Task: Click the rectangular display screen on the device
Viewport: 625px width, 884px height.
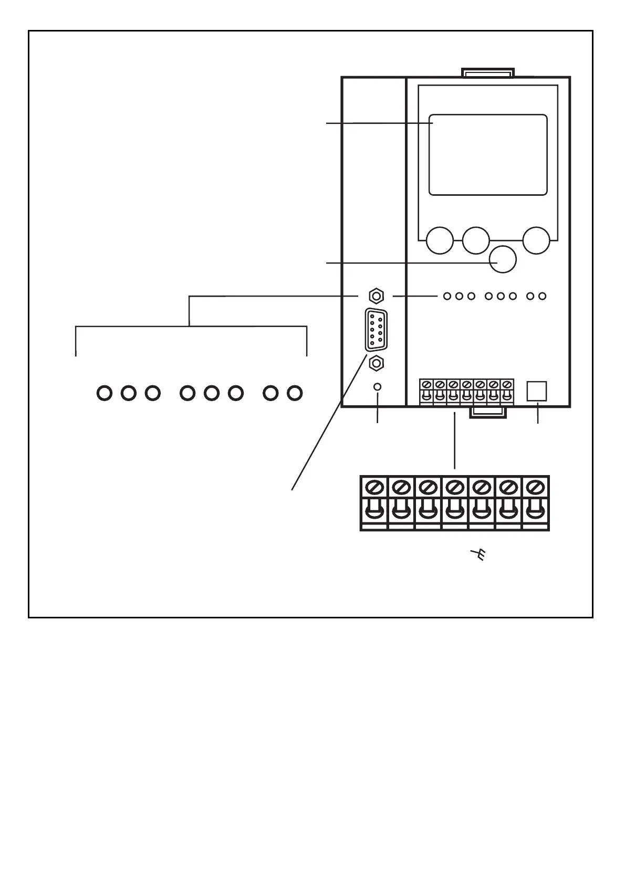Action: pos(488,155)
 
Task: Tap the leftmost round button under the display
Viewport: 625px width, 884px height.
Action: pos(440,240)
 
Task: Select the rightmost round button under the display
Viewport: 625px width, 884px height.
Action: pos(536,240)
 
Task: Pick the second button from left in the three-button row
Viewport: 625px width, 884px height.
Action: pos(476,240)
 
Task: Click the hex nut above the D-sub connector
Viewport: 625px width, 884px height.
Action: pos(376,296)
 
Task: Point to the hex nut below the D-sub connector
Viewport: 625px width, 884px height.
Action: pos(376,362)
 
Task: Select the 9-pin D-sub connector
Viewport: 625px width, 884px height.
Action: pos(376,329)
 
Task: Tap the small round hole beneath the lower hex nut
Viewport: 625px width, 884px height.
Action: pos(377,387)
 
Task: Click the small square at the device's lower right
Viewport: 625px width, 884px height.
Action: pos(537,391)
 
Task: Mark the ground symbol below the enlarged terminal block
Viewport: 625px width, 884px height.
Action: pos(477,554)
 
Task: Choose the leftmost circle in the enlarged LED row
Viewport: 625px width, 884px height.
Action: pos(105,393)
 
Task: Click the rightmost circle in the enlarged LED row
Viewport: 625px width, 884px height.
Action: pos(295,393)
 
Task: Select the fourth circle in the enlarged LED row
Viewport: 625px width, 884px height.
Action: pos(187,393)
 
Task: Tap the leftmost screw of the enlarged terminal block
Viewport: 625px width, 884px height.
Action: pos(373,488)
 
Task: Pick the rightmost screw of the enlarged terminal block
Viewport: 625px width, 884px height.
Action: pos(535,488)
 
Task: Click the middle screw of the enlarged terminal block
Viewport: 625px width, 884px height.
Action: pos(454,488)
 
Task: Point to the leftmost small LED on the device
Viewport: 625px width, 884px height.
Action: pos(447,296)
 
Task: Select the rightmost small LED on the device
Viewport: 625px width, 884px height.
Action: pos(543,296)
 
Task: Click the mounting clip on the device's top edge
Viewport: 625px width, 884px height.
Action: pos(487,72)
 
